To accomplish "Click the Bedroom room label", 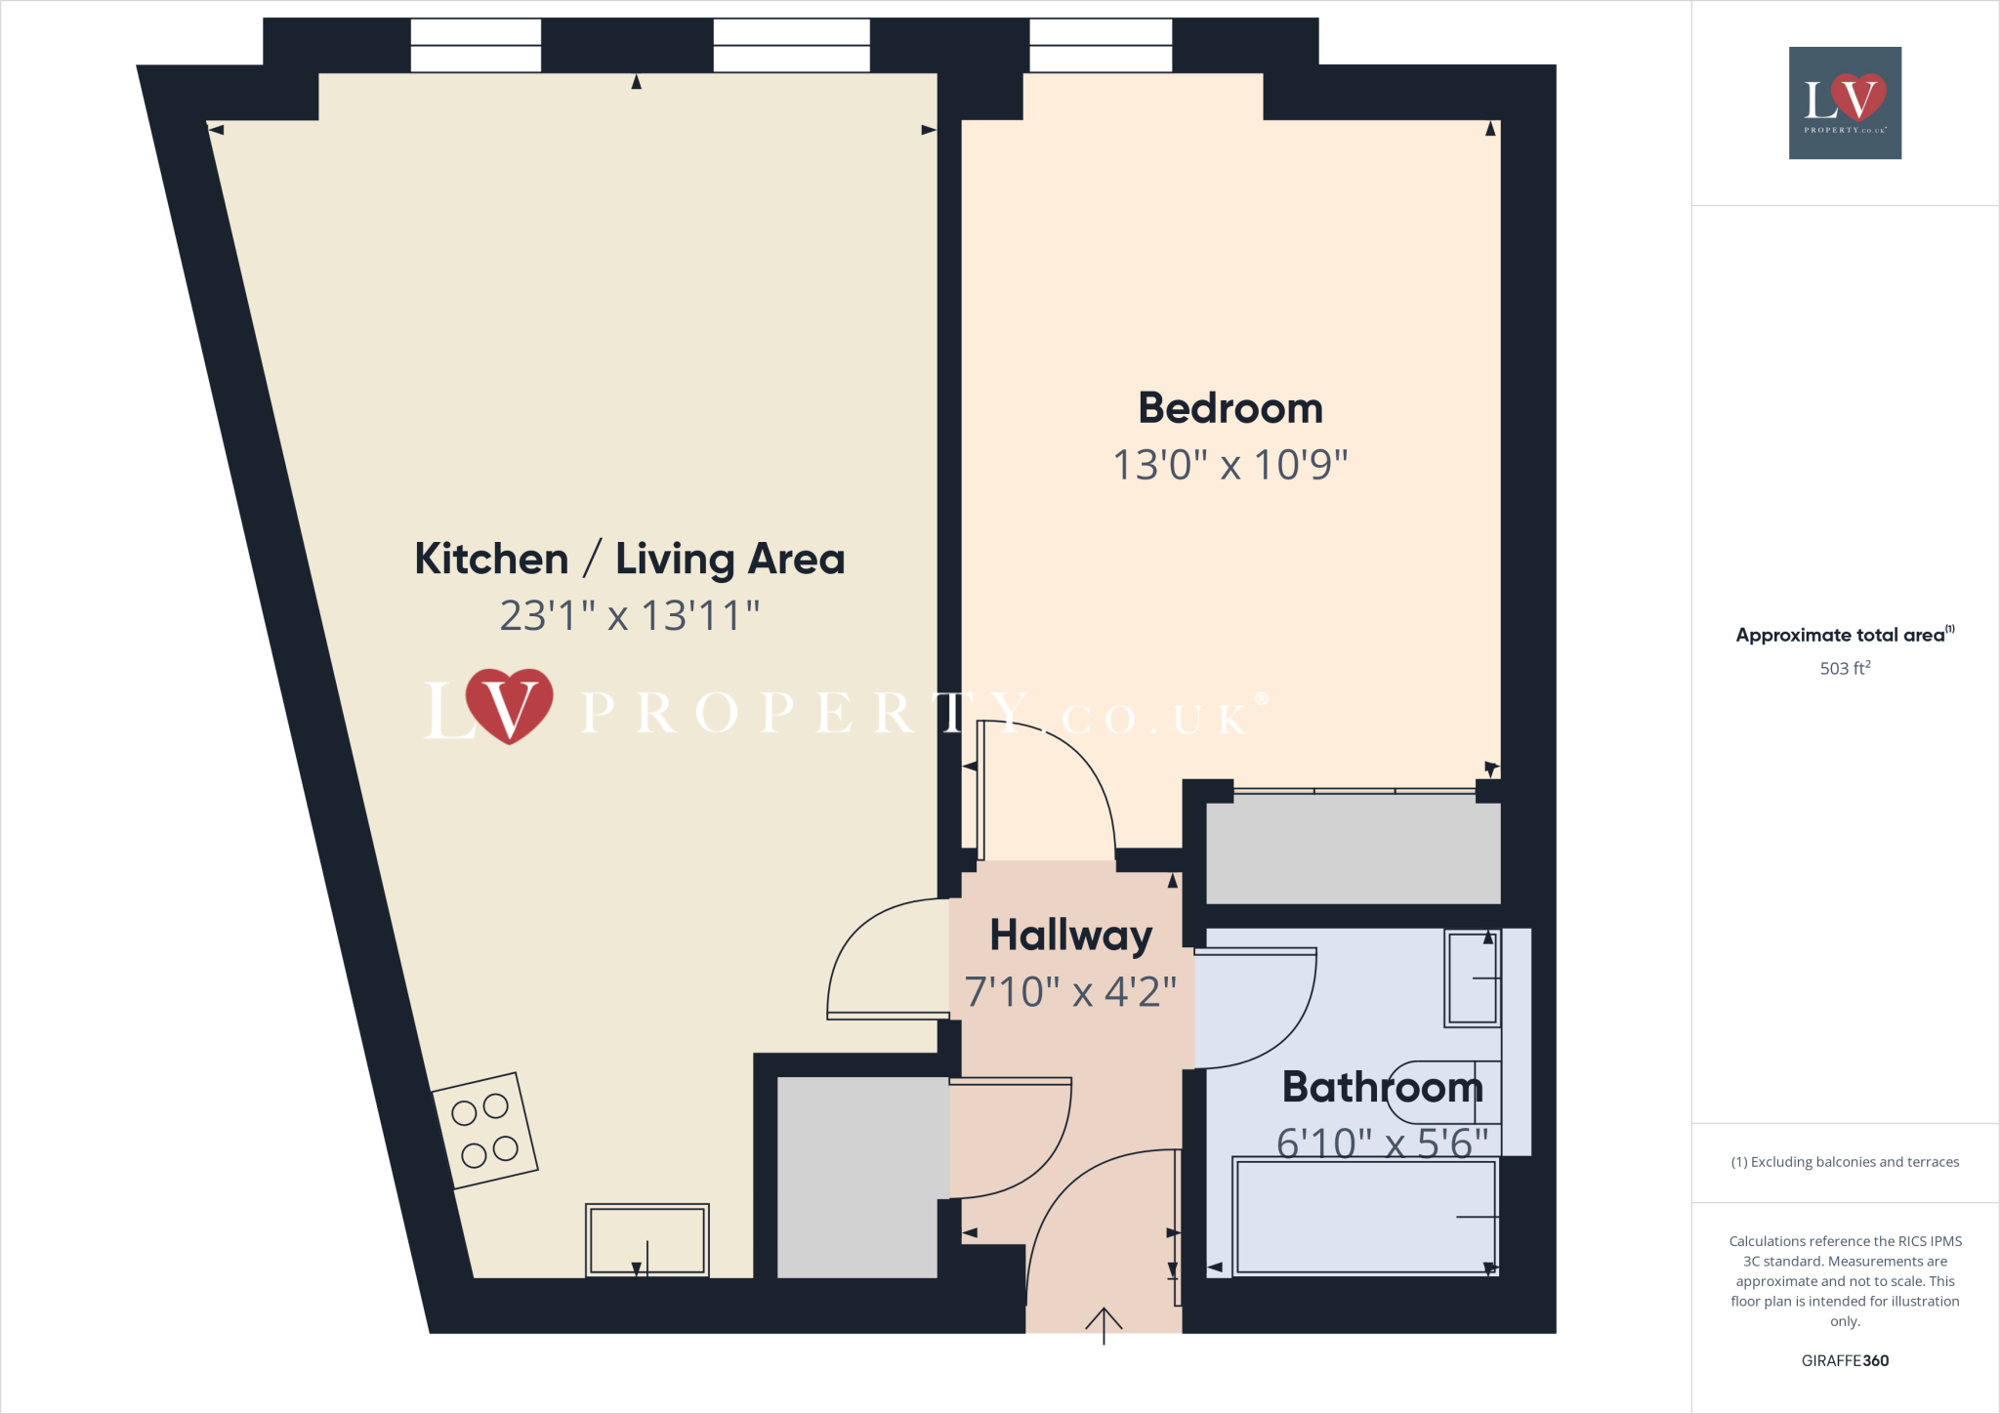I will pos(1229,408).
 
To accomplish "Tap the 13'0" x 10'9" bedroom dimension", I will pos(1229,465).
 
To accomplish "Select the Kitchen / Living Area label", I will pos(629,559).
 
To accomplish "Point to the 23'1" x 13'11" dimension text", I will pos(629,615).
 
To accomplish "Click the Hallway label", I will pos(1070,936).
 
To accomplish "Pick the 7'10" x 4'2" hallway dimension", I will pos(1070,992).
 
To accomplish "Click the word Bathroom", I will pos(1382,1087).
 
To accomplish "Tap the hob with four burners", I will pos(484,1131).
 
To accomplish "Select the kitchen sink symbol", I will pos(646,1239).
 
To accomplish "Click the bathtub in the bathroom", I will pos(1363,1217).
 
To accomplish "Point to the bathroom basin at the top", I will pos(1473,977).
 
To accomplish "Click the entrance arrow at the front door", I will pos(1104,1325).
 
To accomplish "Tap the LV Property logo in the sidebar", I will pos(1844,103).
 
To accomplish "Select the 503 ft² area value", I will pos(1844,668).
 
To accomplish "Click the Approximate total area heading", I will pos(1842,635).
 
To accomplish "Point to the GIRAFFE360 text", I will pos(1844,1360).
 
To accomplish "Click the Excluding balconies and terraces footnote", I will pos(1844,1162).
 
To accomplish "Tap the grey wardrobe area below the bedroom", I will pos(1353,850).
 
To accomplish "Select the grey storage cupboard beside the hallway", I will pos(856,1177).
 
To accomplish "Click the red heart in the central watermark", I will pos(509,705).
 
